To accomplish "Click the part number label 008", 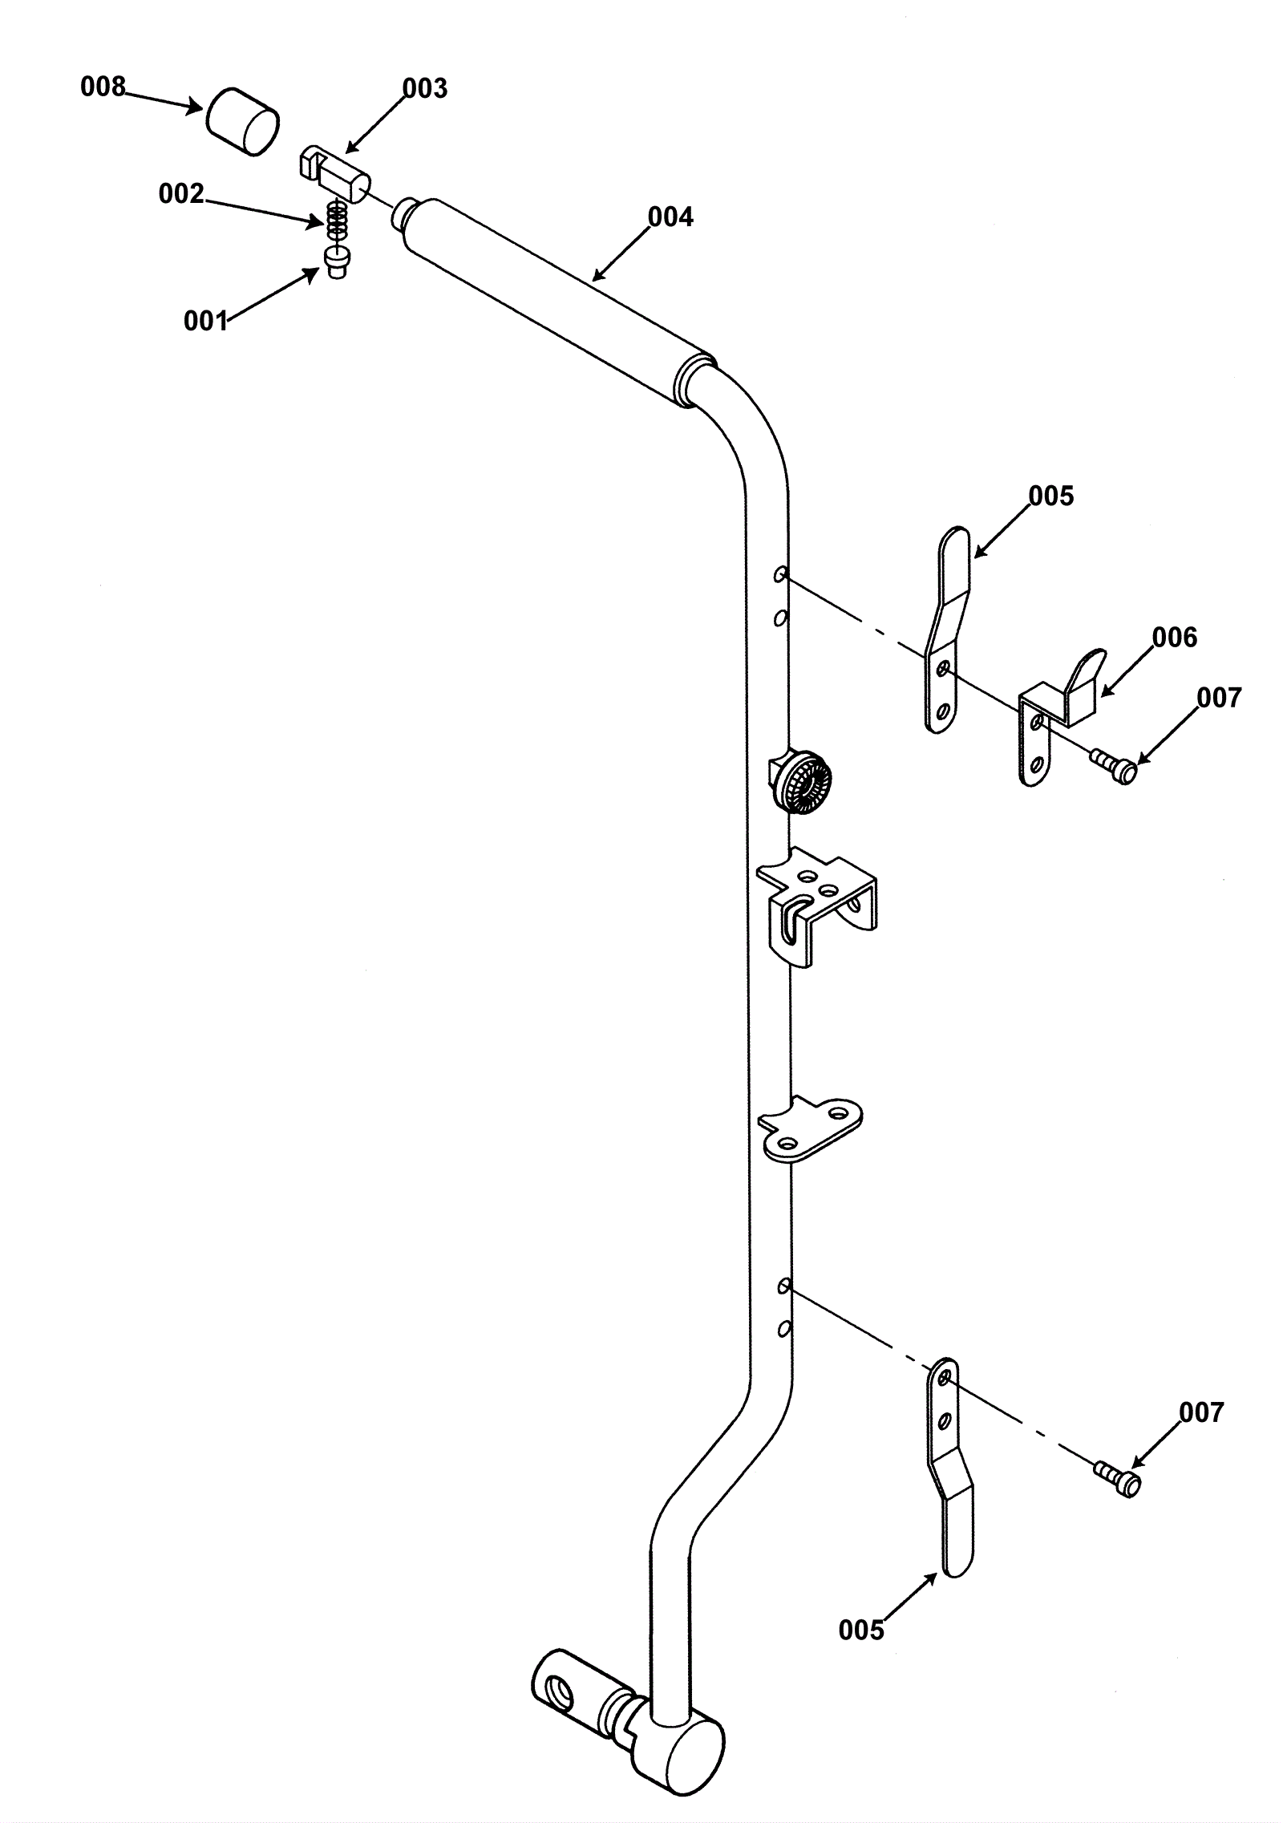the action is (x=103, y=87).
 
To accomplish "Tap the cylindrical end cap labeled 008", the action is (x=242, y=120).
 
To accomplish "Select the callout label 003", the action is (x=424, y=88).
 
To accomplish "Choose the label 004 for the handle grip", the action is (x=670, y=217).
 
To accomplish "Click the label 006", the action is (x=1174, y=638).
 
